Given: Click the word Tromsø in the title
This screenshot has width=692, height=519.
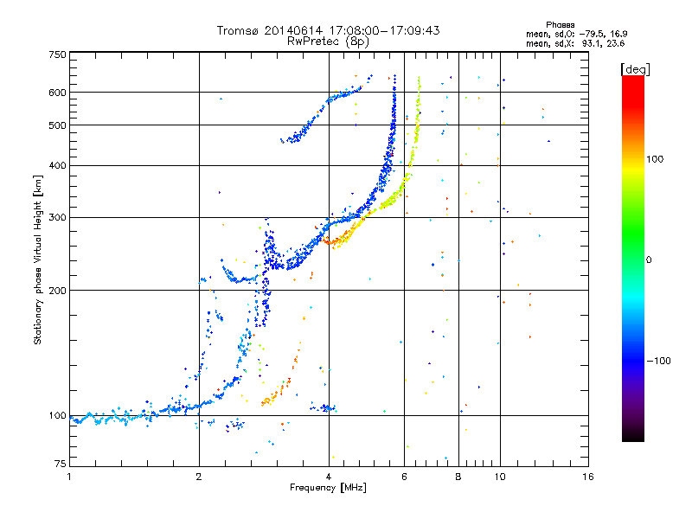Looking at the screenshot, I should [x=237, y=31].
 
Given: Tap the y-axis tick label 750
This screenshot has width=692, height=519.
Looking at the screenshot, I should [x=57, y=54].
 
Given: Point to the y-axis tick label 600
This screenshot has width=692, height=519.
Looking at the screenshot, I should [x=57, y=93].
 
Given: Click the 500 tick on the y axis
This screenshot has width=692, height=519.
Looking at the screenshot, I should [x=57, y=125].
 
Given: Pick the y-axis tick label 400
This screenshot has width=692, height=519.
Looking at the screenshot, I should [x=57, y=165].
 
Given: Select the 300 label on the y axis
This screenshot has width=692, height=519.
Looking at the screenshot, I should [x=57, y=217].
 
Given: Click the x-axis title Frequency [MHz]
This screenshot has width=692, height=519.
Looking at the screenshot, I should [x=328, y=488].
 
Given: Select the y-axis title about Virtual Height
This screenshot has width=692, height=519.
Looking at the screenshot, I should [x=38, y=259].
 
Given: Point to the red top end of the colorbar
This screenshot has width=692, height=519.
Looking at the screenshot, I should [x=632, y=80].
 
